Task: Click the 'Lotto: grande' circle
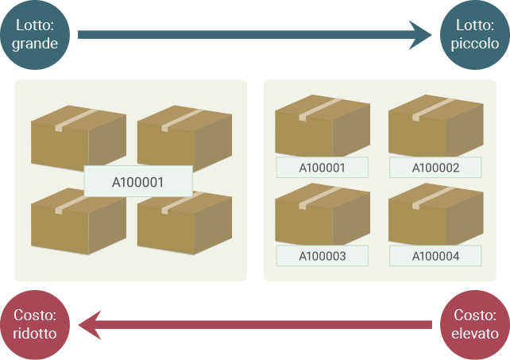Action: pyautogui.click(x=36, y=34)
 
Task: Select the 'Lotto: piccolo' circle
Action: pyautogui.click(x=474, y=34)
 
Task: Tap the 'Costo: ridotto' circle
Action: pyautogui.click(x=36, y=324)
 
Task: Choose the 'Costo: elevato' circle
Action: pyautogui.click(x=474, y=324)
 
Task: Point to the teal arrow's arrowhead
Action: pyautogui.click(x=419, y=34)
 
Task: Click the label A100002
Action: pyautogui.click(x=435, y=168)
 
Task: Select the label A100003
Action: pyautogui.click(x=322, y=256)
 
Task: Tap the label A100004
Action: pyautogui.click(x=435, y=256)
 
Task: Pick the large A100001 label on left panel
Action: pyautogui.click(x=138, y=181)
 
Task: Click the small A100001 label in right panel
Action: pyautogui.click(x=322, y=168)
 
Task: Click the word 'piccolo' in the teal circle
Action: pyautogui.click(x=474, y=44)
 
